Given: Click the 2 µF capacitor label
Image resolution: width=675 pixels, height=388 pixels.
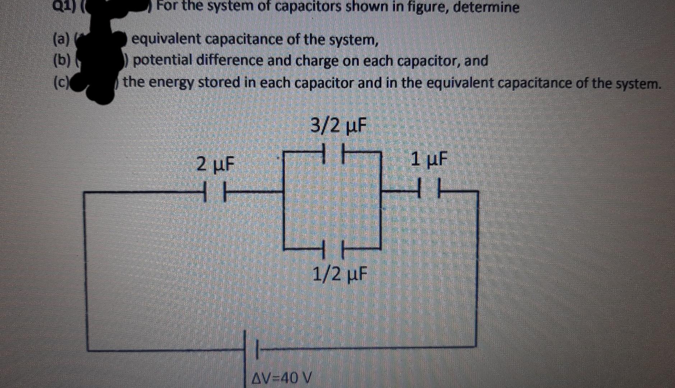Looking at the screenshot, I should pyautogui.click(x=215, y=164).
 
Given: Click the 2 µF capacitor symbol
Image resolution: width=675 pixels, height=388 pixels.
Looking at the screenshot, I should pyautogui.click(x=214, y=192).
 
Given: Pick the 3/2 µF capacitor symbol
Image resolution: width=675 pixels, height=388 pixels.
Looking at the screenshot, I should pyautogui.click(x=334, y=152).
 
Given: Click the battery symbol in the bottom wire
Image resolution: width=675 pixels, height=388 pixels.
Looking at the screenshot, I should pyautogui.click(x=251, y=347).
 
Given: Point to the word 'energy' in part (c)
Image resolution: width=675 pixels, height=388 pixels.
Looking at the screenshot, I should pyautogui.click(x=171, y=83).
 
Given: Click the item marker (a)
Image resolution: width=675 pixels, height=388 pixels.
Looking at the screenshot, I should pyautogui.click(x=61, y=39).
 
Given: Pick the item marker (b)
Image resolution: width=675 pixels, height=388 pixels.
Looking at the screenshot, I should pyautogui.click(x=61, y=60).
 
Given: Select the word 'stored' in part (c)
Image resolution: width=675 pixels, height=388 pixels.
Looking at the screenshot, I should pyautogui.click(x=218, y=83).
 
